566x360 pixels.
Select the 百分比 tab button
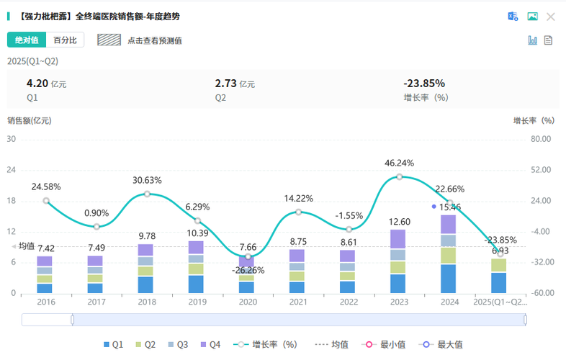pos(67,40)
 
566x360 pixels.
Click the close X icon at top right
pos(551,16)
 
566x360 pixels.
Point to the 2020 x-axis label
pos(247,302)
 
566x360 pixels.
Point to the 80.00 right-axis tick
pos(541,139)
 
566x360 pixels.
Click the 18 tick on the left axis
pos(12,201)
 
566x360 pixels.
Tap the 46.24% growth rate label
pos(400,163)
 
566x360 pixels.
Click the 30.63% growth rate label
pos(147,180)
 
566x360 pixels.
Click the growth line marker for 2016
pos(46,201)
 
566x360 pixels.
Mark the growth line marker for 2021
pos(298,212)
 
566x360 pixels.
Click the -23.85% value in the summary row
pos(424,83)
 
